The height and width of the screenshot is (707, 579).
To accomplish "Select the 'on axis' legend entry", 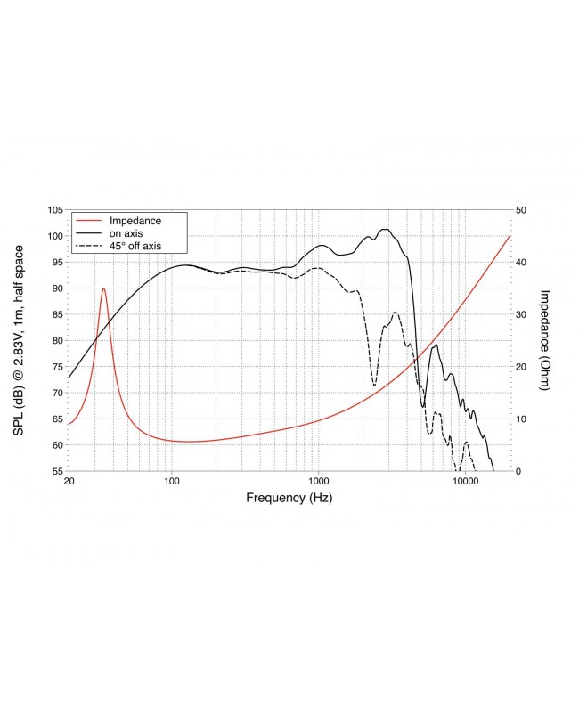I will pos(126,232).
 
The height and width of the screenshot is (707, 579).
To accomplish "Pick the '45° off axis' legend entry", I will pos(134,245).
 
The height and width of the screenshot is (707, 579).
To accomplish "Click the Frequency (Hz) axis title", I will pos(289,499).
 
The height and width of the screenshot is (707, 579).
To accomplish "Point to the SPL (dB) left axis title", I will pos(19,340).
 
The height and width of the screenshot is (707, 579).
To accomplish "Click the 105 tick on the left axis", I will pos(54,210).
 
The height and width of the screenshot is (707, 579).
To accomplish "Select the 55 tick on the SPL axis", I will pos(57,471).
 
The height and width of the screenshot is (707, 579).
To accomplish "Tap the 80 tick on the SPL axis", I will pos(57,340).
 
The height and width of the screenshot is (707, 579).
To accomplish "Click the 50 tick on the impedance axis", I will pos(520,210).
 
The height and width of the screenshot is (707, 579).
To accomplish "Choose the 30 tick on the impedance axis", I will pos(520,314).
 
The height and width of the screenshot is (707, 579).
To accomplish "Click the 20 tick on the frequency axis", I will pos(69,482).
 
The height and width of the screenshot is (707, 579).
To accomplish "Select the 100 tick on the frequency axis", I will pos(172,482).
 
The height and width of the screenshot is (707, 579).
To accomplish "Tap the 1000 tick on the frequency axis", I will pos(318,482).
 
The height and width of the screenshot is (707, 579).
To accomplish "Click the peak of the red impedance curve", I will pos(104,288).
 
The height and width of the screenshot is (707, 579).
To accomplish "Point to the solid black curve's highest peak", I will pos(385,229).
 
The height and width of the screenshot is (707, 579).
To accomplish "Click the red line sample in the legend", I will pos(88,220).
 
